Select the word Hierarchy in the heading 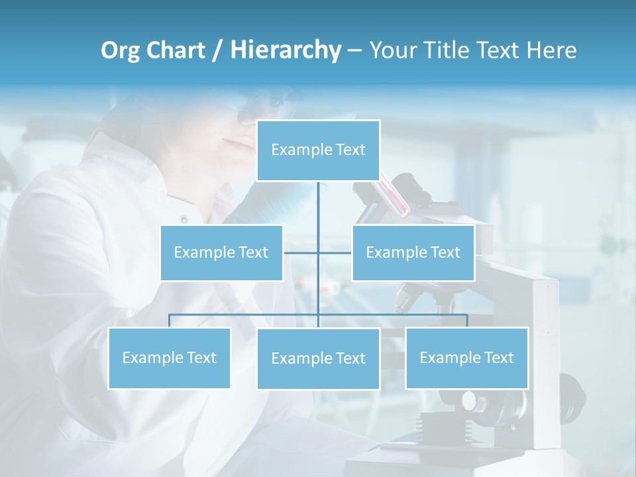286,51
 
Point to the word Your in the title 390,51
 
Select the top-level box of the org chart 318,150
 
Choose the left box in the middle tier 221,252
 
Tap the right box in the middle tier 413,252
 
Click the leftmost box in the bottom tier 169,358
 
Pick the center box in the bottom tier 318,358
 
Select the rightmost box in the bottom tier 466,358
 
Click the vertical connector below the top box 318,205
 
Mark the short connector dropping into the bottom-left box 169,321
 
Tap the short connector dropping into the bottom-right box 467,321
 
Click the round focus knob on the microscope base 470,401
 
